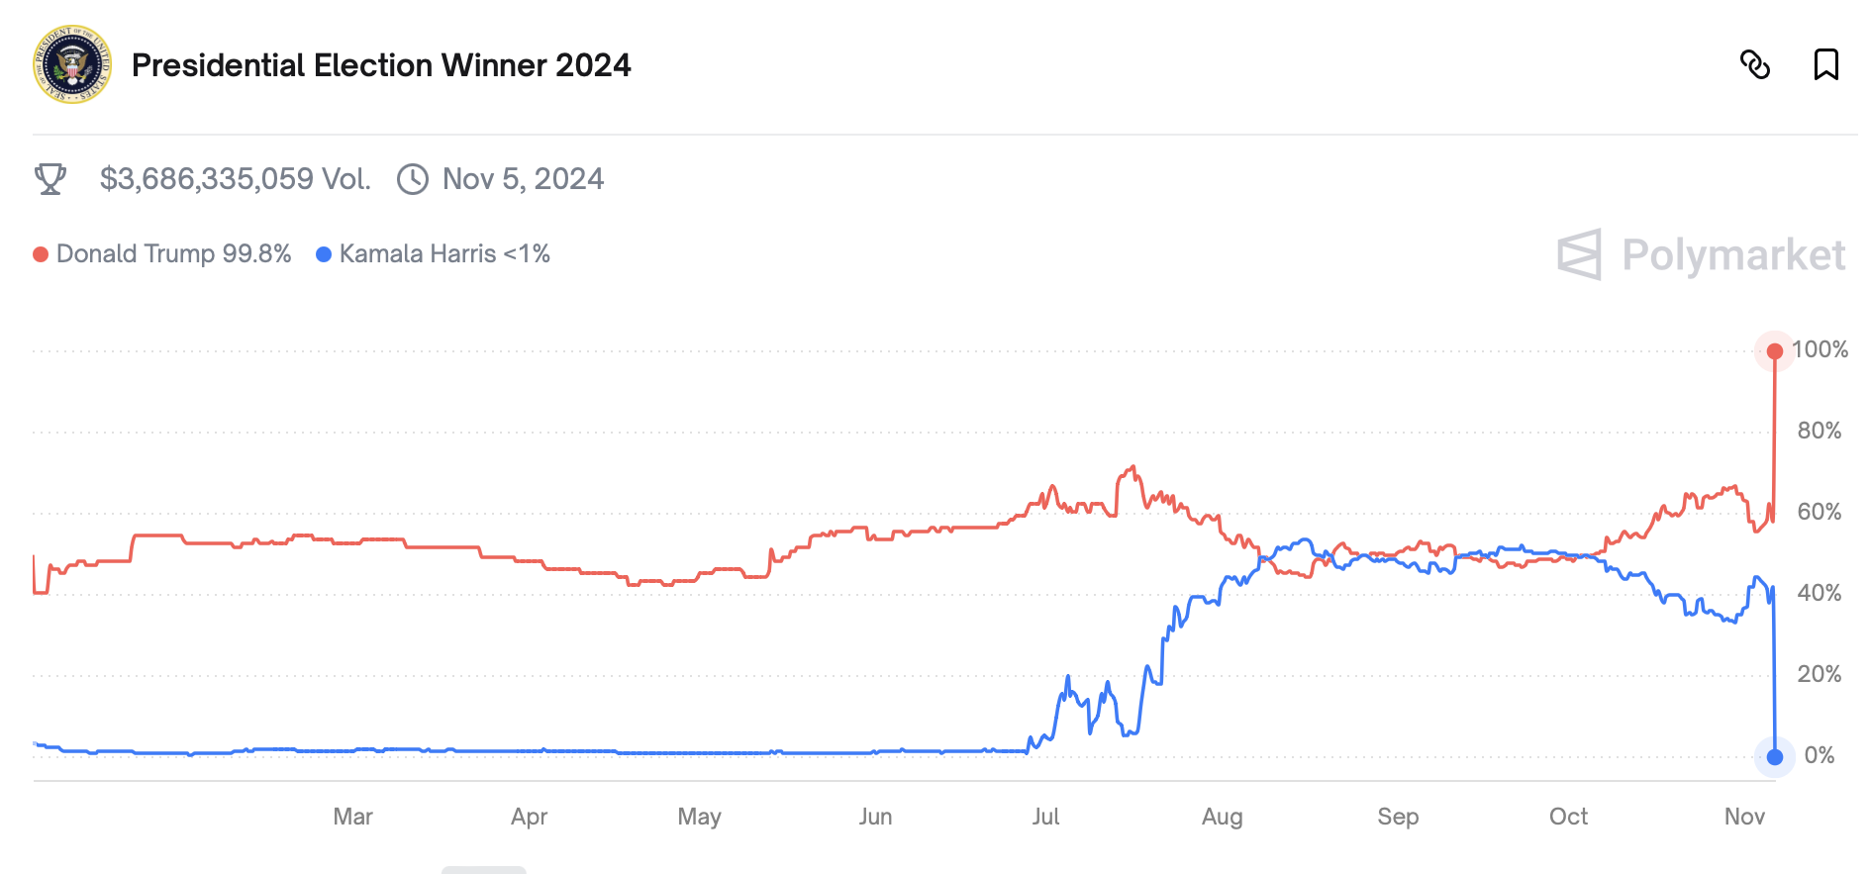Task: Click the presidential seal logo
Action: click(x=72, y=64)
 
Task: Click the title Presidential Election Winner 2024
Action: click(x=381, y=65)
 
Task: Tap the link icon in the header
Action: click(x=1755, y=65)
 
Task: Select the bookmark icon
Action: click(x=1825, y=65)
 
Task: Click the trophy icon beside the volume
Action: click(x=50, y=179)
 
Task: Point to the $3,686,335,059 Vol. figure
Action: click(x=235, y=179)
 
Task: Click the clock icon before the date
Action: click(x=413, y=179)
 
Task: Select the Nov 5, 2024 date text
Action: click(x=523, y=179)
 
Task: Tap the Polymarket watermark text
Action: click(x=1733, y=255)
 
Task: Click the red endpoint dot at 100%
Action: click(x=1775, y=351)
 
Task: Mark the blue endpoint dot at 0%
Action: click(x=1775, y=757)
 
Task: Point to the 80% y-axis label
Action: click(x=1820, y=431)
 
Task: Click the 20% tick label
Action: click(x=1820, y=674)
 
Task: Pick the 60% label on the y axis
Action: click(x=1820, y=512)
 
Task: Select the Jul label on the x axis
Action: click(x=1045, y=817)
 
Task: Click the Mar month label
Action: click(x=352, y=817)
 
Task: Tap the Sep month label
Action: click(x=1398, y=817)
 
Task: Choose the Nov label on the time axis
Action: click(x=1744, y=817)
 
